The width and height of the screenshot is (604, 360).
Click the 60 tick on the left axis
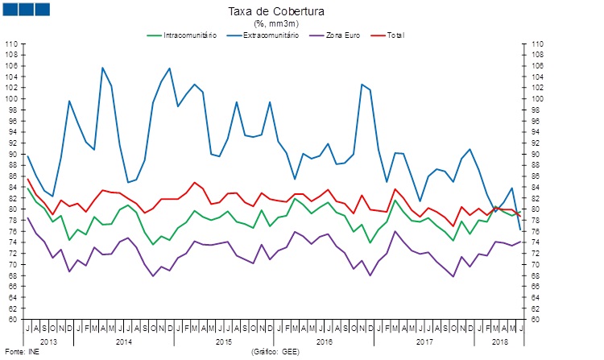pos(14,319)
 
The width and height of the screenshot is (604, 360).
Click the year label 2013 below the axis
pos(48,342)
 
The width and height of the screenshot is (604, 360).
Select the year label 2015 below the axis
pos(225,342)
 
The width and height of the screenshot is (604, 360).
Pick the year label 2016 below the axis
pos(325,342)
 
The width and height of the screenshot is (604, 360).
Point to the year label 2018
pos(499,342)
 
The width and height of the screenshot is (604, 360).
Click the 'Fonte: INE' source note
pos(22,352)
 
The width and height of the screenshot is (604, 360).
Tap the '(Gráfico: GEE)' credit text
pos(275,352)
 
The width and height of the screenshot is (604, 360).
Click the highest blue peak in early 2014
pos(102,68)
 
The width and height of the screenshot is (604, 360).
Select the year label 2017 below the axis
pos(426,342)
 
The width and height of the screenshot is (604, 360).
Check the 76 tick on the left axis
pos(14,231)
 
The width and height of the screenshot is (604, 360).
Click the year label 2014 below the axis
pos(124,342)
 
